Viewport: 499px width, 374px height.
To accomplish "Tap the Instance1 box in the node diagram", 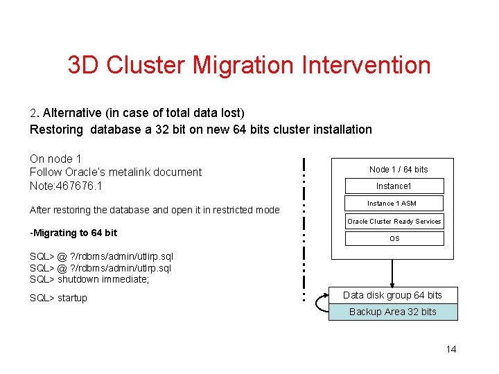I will [x=394, y=186].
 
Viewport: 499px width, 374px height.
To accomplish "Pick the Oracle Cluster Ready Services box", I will [x=394, y=222].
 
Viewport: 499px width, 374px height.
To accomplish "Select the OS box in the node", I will [x=394, y=239].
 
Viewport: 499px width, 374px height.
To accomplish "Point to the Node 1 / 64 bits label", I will [x=399, y=169].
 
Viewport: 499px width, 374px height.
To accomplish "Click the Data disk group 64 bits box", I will [x=392, y=295].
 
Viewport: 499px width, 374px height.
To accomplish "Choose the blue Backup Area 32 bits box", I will [x=392, y=312].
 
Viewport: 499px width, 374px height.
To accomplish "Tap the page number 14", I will [x=451, y=349].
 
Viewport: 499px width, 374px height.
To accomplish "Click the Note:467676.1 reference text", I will [x=66, y=186].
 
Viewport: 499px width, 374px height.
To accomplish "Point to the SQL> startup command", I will [x=58, y=298].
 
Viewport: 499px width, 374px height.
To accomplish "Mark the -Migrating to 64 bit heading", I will [x=73, y=233].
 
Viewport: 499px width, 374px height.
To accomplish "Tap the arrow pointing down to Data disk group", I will [x=393, y=274].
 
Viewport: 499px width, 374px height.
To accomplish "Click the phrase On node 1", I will [x=55, y=159].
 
